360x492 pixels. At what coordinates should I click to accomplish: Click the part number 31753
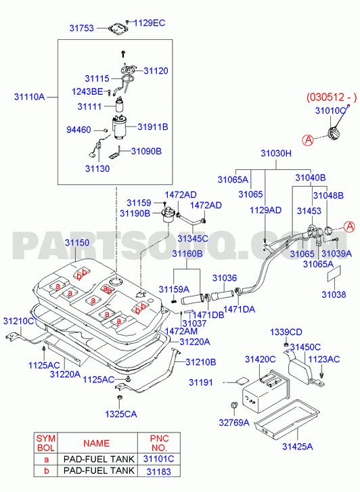82,28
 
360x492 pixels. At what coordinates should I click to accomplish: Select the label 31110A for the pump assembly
30,97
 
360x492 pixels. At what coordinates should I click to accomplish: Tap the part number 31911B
153,127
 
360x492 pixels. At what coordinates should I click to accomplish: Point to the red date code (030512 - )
332,97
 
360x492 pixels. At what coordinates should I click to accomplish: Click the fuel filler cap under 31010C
334,133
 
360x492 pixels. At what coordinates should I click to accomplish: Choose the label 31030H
276,154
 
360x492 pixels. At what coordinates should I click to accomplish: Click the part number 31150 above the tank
77,242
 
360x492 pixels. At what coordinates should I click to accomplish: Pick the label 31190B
135,214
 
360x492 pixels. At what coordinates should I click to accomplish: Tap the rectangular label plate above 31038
334,273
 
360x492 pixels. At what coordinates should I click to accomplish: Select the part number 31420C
261,359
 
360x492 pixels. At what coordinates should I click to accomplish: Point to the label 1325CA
121,414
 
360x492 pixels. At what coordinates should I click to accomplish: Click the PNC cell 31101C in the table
158,459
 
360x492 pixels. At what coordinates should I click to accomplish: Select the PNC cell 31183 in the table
159,471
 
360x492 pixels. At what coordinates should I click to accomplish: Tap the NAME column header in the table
96,443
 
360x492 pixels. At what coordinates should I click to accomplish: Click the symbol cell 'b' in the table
47,471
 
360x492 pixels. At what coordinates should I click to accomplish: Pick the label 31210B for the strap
201,362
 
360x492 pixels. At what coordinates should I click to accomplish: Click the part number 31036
225,278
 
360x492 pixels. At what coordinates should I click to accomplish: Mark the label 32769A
234,423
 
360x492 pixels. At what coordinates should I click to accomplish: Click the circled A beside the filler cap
308,139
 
